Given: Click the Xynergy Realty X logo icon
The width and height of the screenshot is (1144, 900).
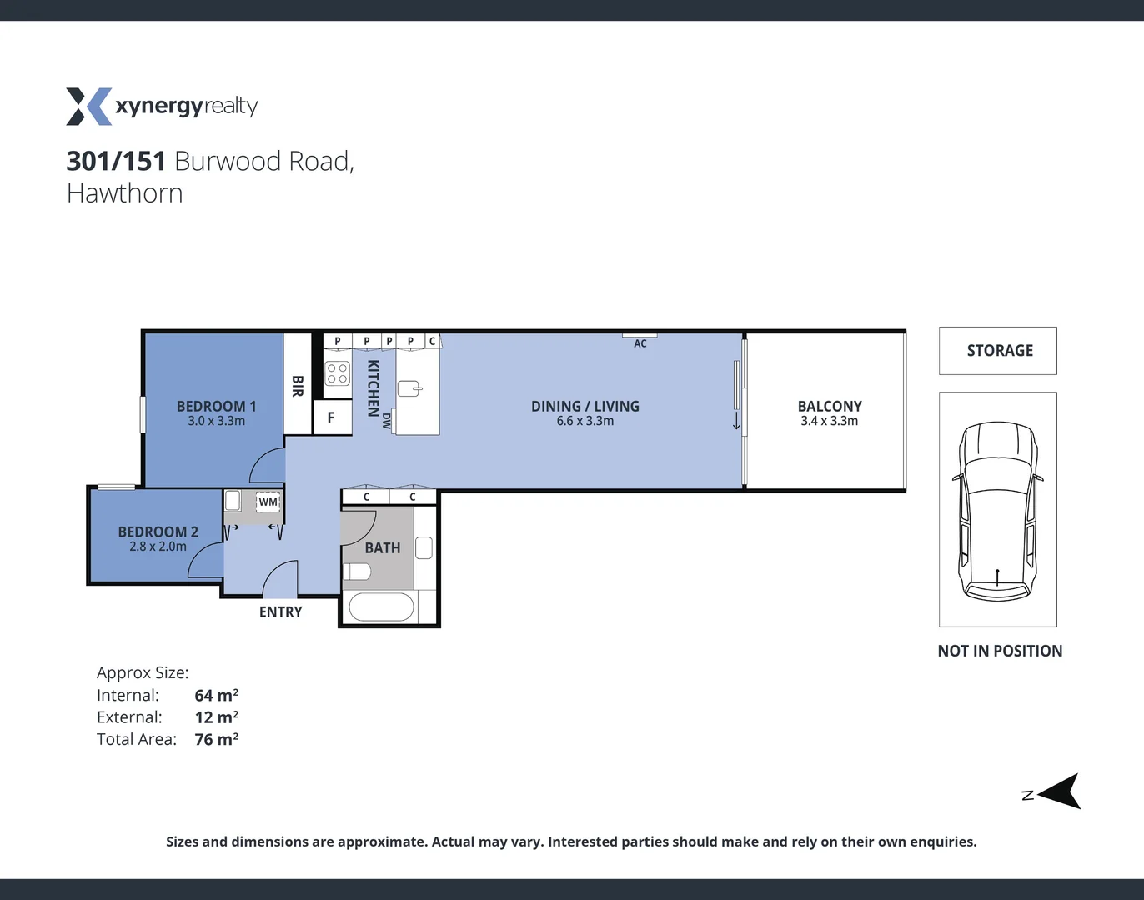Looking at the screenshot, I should (88, 107).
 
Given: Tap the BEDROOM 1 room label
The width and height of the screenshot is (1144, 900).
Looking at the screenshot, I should (216, 406).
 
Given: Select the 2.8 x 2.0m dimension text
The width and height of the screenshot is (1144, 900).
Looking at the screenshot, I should (158, 547).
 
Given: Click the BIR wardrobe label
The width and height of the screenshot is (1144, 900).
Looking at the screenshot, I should (298, 385).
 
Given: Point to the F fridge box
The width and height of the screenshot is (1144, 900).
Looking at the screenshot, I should (331, 417).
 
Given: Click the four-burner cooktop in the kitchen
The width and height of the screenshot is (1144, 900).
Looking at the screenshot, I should (337, 372).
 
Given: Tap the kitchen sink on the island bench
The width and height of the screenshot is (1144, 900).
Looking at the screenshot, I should (410, 388).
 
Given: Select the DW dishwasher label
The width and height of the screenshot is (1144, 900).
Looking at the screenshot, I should (386, 421).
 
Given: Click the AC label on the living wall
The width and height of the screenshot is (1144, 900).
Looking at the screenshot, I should (640, 343).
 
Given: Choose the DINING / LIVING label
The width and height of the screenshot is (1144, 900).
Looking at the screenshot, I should (585, 406).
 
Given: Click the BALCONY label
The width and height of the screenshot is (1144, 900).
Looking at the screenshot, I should (830, 406).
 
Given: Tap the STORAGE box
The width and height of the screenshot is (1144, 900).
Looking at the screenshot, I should (998, 351).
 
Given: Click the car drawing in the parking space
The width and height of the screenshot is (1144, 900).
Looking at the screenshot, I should (998, 510).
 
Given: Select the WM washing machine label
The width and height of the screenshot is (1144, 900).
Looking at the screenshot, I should (268, 502).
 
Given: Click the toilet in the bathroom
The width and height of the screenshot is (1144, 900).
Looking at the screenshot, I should (356, 572).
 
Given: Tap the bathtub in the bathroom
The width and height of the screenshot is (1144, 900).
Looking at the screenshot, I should (381, 607).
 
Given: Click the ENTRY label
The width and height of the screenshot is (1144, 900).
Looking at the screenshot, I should (280, 612).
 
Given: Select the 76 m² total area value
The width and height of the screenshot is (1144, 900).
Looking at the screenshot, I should (217, 739).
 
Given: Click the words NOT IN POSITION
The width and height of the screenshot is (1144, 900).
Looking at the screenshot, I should (1000, 651).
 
